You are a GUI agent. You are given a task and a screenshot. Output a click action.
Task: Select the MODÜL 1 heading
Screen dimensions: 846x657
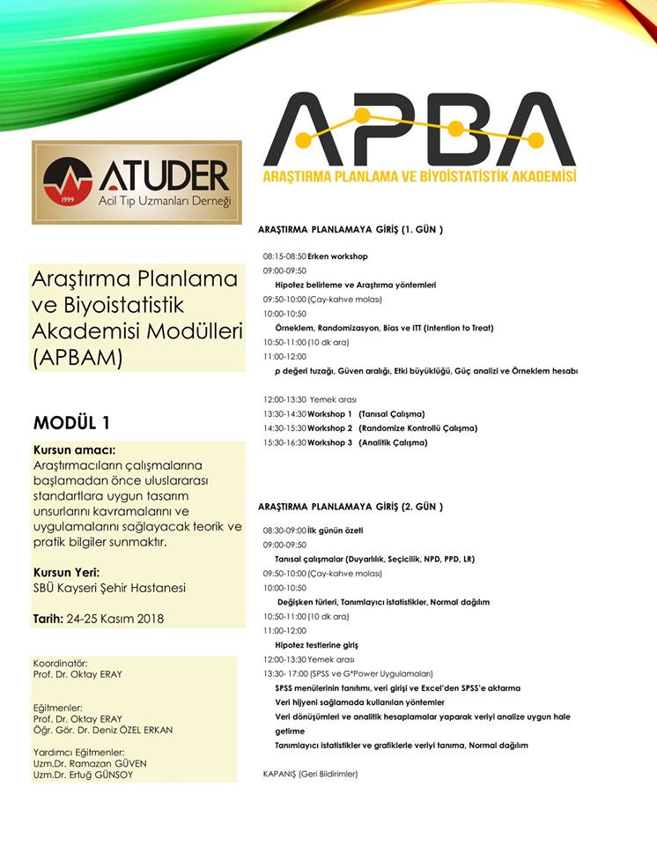(71, 421)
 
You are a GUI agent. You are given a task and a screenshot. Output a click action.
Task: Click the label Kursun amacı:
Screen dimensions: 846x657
(74, 449)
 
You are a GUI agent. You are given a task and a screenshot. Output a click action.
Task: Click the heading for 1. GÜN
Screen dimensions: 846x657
(350, 229)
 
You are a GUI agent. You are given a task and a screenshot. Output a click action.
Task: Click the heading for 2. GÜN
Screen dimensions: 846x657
(350, 507)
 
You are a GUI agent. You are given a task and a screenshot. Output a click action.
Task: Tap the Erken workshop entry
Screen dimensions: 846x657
(337, 256)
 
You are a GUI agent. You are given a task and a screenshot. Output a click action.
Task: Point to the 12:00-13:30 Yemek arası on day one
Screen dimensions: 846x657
(309, 399)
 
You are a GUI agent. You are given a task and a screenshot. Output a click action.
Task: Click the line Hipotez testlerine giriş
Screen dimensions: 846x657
(316, 645)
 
